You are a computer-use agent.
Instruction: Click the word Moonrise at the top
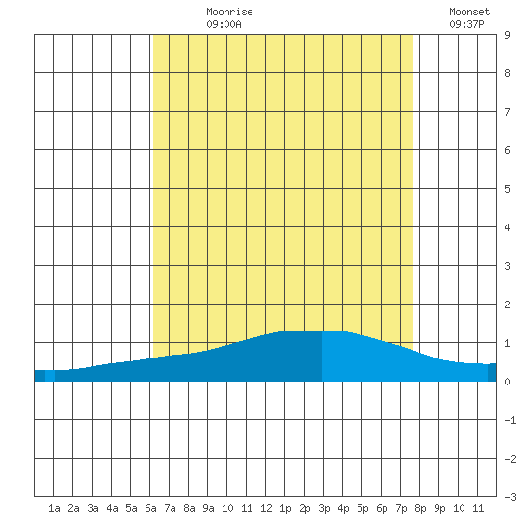point(229,12)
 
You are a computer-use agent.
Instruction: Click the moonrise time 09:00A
point(224,24)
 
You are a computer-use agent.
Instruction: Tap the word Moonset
point(469,12)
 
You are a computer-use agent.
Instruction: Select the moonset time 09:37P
point(466,24)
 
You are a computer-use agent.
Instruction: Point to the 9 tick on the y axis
point(507,35)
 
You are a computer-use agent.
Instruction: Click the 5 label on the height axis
point(507,189)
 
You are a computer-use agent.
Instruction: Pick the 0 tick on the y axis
point(507,382)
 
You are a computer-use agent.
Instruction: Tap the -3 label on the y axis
point(510,497)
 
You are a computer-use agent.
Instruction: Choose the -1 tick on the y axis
point(510,420)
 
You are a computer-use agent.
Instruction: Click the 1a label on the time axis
point(54,508)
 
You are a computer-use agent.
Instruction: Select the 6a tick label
point(150,508)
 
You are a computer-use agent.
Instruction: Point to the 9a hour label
point(208,508)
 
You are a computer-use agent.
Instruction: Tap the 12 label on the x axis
point(266,508)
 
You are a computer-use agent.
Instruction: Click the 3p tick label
point(324,508)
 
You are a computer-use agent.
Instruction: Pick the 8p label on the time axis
point(420,508)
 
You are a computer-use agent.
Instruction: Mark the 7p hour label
point(401,508)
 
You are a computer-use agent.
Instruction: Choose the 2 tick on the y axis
point(507,305)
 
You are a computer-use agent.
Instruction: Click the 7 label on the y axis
point(507,112)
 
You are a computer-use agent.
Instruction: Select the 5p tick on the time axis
point(362,508)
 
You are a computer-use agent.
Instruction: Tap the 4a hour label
point(112,508)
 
